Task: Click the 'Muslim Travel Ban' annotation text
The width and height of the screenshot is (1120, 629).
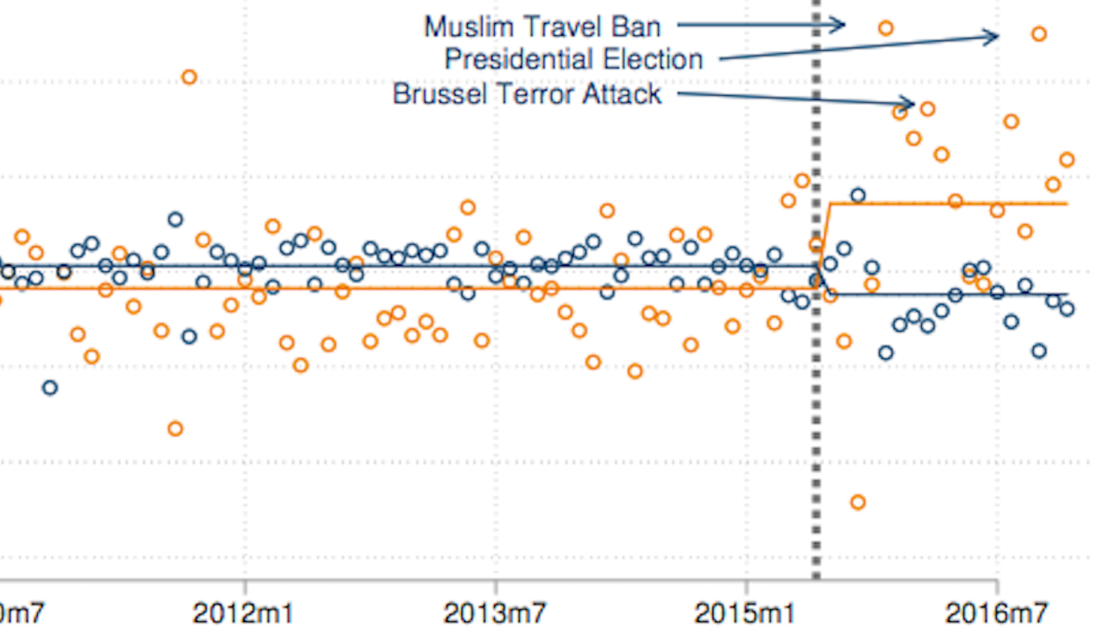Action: [542, 27]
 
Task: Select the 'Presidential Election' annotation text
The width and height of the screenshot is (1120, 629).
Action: [573, 59]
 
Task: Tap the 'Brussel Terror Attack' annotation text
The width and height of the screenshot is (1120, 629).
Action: [526, 94]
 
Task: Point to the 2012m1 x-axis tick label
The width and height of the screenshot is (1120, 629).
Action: [243, 613]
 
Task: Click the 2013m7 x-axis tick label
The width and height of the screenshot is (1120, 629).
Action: [494, 613]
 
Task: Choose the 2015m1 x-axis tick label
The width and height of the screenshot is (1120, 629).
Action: [744, 613]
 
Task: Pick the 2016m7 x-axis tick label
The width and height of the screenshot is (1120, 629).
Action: [996, 613]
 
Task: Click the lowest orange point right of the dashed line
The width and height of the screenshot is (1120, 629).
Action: [857, 502]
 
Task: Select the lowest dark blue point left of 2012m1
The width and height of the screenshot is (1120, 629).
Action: [49, 388]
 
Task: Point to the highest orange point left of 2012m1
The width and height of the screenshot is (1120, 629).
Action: [189, 77]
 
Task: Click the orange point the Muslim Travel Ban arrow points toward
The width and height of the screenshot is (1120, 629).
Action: [885, 28]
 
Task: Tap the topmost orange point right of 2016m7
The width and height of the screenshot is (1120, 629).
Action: [1039, 34]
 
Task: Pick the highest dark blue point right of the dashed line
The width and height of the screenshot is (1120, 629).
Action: [857, 195]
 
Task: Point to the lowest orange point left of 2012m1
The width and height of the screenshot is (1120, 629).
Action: [175, 429]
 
